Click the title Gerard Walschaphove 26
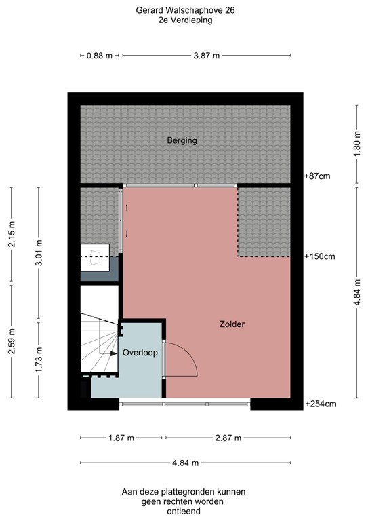coord(184,11)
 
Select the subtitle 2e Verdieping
coord(184,21)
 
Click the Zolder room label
coord(232,324)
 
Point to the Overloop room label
coord(140,353)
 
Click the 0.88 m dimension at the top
coord(99,56)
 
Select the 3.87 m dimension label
coord(207,56)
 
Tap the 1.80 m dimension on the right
coord(356,142)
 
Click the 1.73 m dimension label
coord(39,360)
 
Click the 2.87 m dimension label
coord(228,438)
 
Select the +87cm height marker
coord(316,176)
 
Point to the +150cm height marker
coord(319,256)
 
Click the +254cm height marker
coord(319,404)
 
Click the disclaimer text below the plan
coord(184,501)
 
